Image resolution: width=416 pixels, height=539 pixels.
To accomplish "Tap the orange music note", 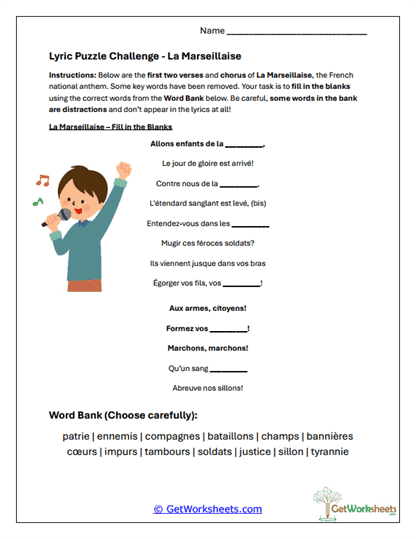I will pyautogui.click(x=42, y=181).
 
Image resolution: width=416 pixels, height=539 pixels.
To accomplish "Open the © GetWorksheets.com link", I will pyautogui.click(x=207, y=509).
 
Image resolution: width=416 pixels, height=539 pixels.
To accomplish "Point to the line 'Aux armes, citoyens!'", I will pyautogui.click(x=208, y=309).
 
